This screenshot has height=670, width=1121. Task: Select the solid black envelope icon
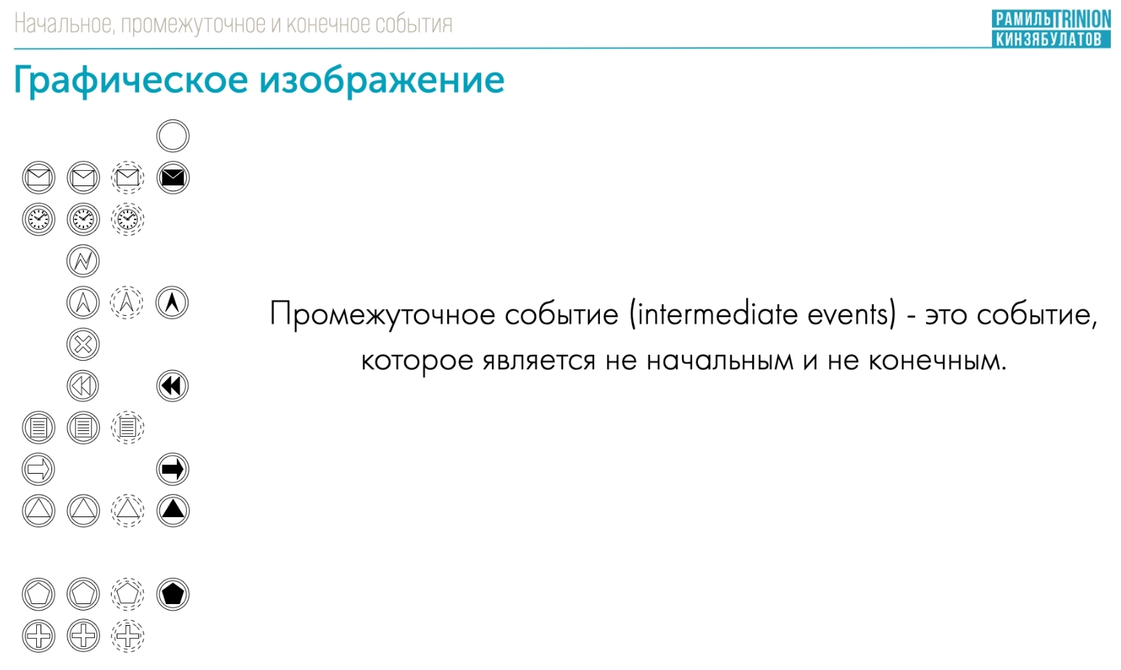coord(172,177)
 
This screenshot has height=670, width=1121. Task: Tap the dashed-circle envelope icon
coord(128,177)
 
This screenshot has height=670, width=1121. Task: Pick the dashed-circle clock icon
coord(128,219)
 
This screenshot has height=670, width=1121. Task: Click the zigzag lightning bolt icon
coord(83,261)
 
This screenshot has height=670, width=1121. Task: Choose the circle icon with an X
coord(83,344)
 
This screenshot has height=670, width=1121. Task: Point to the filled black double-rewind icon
coord(172,386)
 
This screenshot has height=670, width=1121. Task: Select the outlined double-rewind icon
coord(83,386)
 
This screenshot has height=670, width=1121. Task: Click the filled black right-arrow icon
coord(172,469)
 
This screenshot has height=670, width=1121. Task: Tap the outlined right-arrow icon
coord(38,469)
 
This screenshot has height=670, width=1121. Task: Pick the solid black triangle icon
coord(172,511)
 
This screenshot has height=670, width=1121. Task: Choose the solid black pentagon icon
coord(172,595)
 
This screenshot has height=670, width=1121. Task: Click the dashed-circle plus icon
coord(128,636)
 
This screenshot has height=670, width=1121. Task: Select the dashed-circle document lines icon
coord(128,428)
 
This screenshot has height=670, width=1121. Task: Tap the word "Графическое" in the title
coord(131,81)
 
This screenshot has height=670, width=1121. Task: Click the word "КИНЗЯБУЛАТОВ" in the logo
coord(1049,39)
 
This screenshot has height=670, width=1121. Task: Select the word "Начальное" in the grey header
coord(64,24)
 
